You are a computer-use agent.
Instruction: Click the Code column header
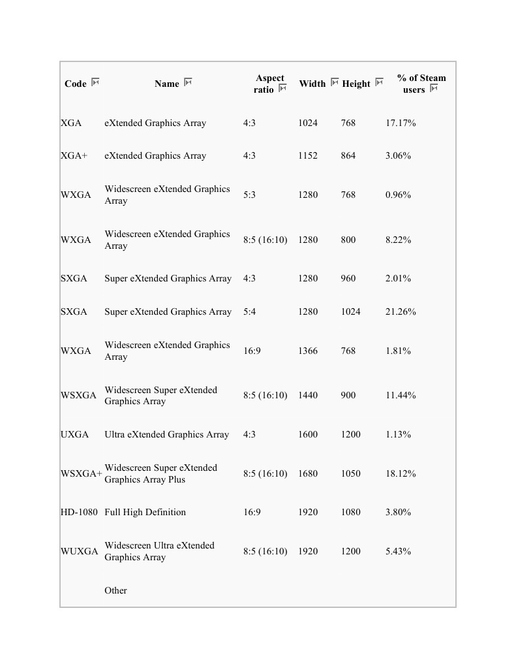point(76,84)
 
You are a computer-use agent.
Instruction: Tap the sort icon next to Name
point(188,82)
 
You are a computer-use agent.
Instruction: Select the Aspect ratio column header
point(269,84)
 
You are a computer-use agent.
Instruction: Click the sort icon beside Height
point(379,82)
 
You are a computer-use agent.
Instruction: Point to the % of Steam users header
point(421,84)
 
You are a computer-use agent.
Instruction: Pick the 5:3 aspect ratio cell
point(249,195)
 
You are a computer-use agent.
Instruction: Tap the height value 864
point(348,155)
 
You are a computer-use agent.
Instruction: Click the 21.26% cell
point(401,311)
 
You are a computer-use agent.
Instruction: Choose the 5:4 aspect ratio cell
point(249,311)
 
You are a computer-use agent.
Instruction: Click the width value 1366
point(308,351)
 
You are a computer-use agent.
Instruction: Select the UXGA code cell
point(74,434)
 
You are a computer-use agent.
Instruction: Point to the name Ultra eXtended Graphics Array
point(166,434)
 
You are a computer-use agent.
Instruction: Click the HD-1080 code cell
point(79,512)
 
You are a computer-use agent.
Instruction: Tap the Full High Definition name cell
point(145,512)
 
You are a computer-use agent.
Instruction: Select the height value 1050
point(350,473)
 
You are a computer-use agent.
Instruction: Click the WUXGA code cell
point(80,551)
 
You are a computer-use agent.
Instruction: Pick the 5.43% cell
point(398,551)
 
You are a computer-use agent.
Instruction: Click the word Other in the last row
point(115,590)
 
